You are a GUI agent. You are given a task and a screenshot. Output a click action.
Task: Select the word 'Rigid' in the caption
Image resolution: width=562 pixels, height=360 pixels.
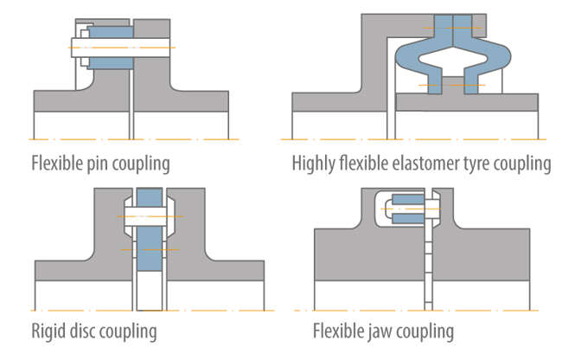pos(49,331)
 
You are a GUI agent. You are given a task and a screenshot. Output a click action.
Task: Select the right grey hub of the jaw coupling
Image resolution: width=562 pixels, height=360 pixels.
pos(484,260)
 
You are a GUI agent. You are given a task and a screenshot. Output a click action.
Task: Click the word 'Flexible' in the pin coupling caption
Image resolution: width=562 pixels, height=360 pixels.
pos(56,163)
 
